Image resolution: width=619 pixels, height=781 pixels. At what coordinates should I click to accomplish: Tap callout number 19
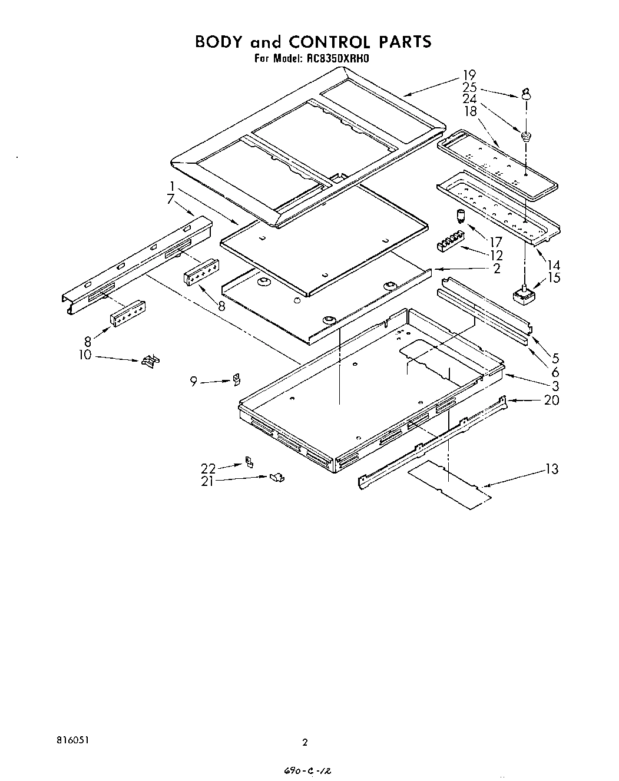point(469,75)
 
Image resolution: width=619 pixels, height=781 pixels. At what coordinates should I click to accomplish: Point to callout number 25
point(469,87)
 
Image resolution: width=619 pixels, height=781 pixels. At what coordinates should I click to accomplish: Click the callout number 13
point(552,469)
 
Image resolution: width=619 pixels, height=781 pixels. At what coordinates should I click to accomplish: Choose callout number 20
point(552,400)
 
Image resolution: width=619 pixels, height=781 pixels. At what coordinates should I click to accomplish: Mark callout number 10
point(85,355)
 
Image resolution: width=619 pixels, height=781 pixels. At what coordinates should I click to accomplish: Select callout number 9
point(193,382)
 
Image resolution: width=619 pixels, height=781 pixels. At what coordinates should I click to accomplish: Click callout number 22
point(208,468)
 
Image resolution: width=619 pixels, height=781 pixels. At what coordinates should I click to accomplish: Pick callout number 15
point(554,278)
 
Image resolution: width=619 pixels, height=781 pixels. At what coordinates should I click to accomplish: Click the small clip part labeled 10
point(151,361)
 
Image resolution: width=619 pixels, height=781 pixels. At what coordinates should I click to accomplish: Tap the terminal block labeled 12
point(450,243)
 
